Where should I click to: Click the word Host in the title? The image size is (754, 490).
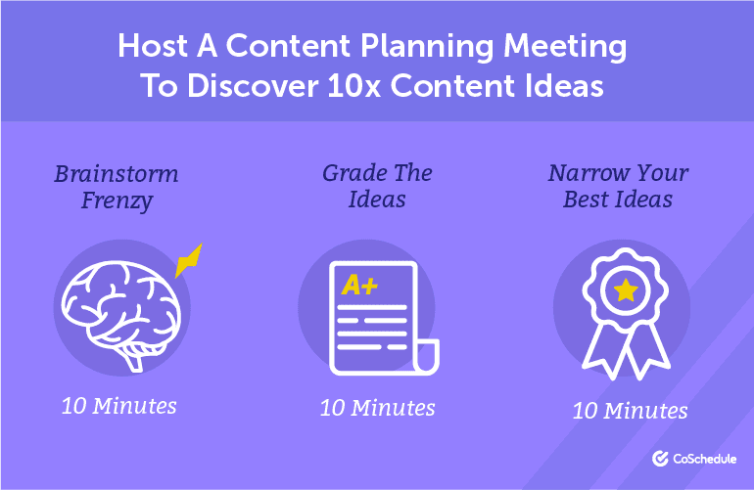(x=153, y=46)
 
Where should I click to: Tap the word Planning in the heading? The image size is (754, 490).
(x=427, y=48)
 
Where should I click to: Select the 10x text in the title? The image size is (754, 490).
(x=353, y=86)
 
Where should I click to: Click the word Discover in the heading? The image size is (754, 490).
(x=253, y=86)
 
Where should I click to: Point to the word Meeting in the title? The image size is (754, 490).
(x=565, y=48)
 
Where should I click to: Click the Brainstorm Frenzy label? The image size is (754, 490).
(x=117, y=188)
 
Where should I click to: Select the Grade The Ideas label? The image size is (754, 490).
(x=377, y=186)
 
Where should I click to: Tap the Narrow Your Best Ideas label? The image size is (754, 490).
(x=619, y=186)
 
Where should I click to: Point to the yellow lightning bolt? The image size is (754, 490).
(x=188, y=261)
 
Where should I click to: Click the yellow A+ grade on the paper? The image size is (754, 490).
(x=359, y=285)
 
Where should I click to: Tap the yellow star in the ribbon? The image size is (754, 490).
(x=626, y=290)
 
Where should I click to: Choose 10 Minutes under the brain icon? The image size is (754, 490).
(x=119, y=406)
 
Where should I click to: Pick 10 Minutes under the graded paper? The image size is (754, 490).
(x=377, y=408)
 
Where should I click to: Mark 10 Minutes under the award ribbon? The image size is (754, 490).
(x=630, y=411)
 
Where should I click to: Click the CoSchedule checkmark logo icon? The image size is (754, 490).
(x=660, y=459)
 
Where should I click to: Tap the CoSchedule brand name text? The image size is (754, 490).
(x=704, y=459)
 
